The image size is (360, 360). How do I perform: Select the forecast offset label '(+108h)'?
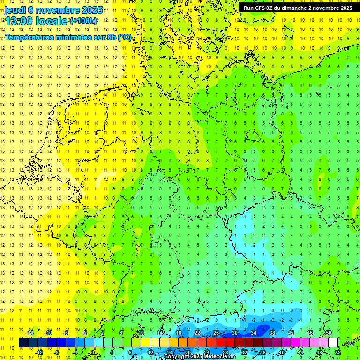point(83,21)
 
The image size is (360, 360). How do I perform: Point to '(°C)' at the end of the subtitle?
point(124,37)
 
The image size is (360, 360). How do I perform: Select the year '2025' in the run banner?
point(345,8)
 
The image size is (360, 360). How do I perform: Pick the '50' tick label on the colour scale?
point(329,333)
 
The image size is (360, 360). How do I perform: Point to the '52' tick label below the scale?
point(338,352)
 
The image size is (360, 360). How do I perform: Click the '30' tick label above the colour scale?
point(235,333)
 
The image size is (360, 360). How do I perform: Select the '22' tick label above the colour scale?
point(197,333)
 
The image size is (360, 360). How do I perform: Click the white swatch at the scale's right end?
point(333,343)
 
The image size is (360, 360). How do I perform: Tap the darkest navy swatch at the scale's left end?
point(23,343)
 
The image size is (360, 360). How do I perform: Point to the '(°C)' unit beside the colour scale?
point(349,343)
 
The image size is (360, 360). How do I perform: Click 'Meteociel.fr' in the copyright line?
point(219,357)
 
